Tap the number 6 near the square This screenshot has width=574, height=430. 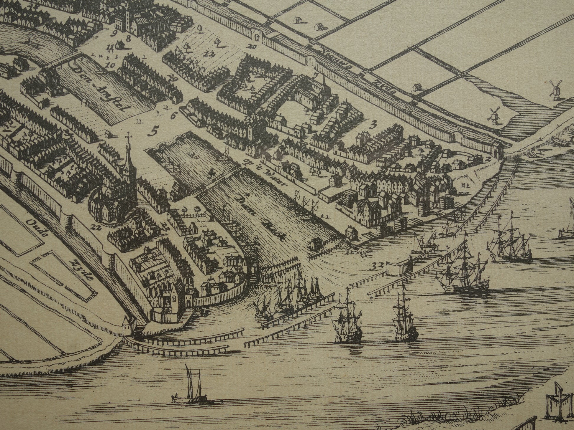pyautogui.click(x=173, y=116)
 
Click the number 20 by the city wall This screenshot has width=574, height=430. pyautogui.click(x=252, y=46)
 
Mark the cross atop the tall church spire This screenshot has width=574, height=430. pyautogui.click(x=128, y=135)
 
